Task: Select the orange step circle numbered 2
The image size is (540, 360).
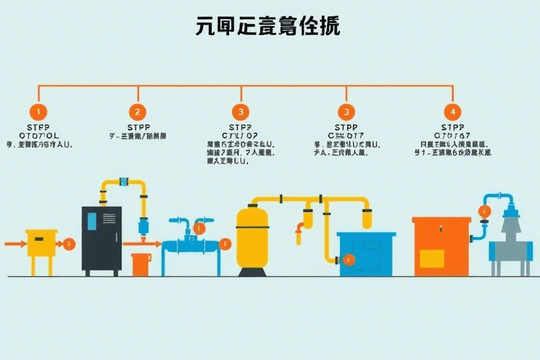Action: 137,111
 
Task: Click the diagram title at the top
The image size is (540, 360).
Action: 267,26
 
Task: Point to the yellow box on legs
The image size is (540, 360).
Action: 41,243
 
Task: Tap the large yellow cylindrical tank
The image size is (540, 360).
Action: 252,236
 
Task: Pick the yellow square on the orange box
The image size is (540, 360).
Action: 430,258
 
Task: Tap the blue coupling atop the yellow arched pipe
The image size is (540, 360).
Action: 124,181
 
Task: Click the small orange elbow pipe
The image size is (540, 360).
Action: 300,230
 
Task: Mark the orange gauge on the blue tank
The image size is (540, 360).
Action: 349,260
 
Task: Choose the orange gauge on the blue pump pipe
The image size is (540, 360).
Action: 484,211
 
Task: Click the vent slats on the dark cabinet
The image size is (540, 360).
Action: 108,219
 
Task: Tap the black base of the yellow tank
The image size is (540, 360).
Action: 252,271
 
